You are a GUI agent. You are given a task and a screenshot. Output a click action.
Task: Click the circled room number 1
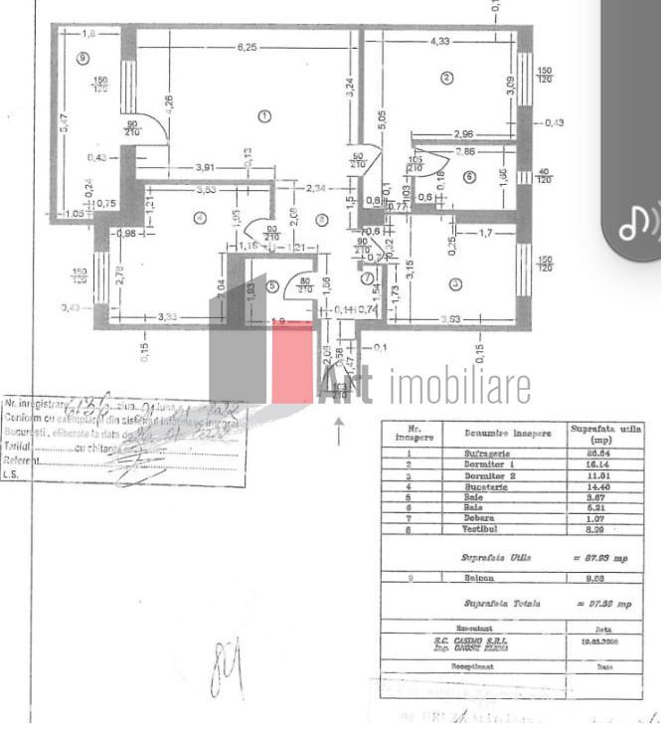264,116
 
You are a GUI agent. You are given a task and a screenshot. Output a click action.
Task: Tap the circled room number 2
447,79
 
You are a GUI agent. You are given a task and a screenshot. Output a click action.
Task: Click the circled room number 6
469,178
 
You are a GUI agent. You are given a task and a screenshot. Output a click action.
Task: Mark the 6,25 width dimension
247,46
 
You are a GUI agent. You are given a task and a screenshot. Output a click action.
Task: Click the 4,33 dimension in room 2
440,41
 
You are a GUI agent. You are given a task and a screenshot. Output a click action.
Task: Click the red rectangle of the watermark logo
292,362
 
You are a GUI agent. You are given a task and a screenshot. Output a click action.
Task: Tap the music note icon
639,223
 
